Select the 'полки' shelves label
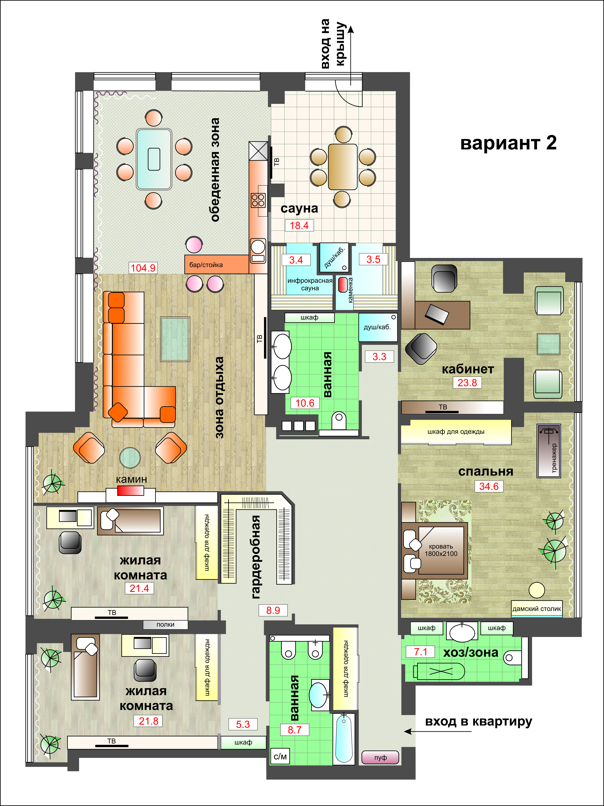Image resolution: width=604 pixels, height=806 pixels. pos(165,625)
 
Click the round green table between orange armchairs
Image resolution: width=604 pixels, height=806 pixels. pos(130,458)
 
